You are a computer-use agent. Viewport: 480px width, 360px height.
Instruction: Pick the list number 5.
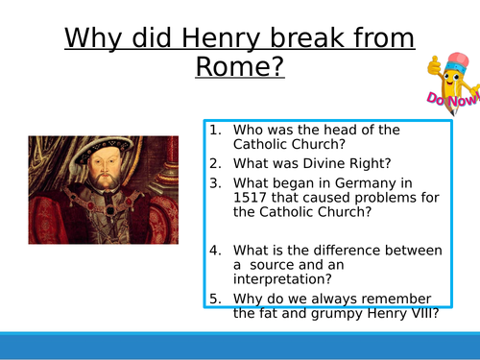coord(215,298)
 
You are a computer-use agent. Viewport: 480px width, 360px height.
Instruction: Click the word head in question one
coord(341,130)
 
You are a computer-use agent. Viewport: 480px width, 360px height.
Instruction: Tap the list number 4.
coord(215,249)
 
